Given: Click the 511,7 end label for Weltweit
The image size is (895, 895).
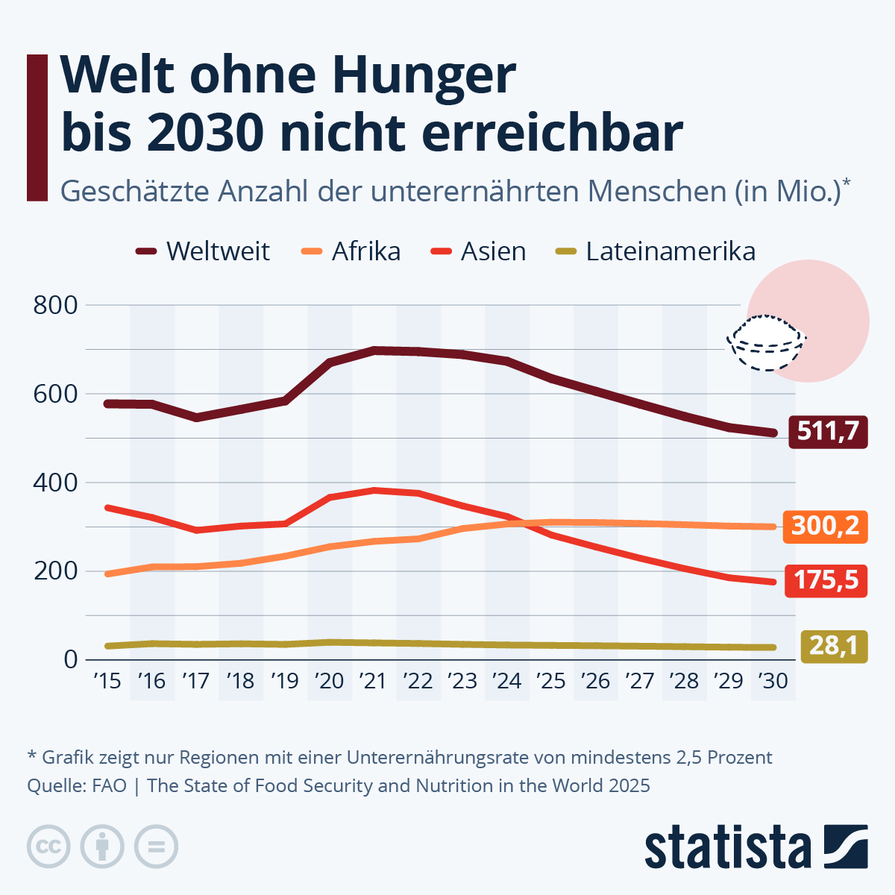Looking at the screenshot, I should [828, 431].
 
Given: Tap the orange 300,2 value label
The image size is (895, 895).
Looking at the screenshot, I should [825, 526].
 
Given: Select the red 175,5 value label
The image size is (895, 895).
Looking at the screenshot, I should [826, 580].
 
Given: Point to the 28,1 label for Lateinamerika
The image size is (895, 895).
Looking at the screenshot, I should [834, 645].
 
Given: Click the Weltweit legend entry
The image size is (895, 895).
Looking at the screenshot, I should [203, 251].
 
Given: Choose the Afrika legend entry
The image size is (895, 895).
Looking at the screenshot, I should [351, 251].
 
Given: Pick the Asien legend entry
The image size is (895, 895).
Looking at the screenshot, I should [479, 251].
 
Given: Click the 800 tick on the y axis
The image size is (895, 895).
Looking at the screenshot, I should [55, 305].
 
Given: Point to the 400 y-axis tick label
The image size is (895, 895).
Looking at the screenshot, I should [55, 483].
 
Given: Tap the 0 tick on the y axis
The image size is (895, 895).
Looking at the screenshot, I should [71, 659].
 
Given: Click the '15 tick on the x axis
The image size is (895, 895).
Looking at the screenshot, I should [107, 681].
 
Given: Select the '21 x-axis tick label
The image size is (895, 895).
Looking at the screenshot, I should [373, 681].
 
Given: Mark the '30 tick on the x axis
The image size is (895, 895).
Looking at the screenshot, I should [773, 681].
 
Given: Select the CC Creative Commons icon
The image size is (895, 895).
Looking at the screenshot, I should [49, 847].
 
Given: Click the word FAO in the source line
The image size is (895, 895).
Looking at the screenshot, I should [110, 785].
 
